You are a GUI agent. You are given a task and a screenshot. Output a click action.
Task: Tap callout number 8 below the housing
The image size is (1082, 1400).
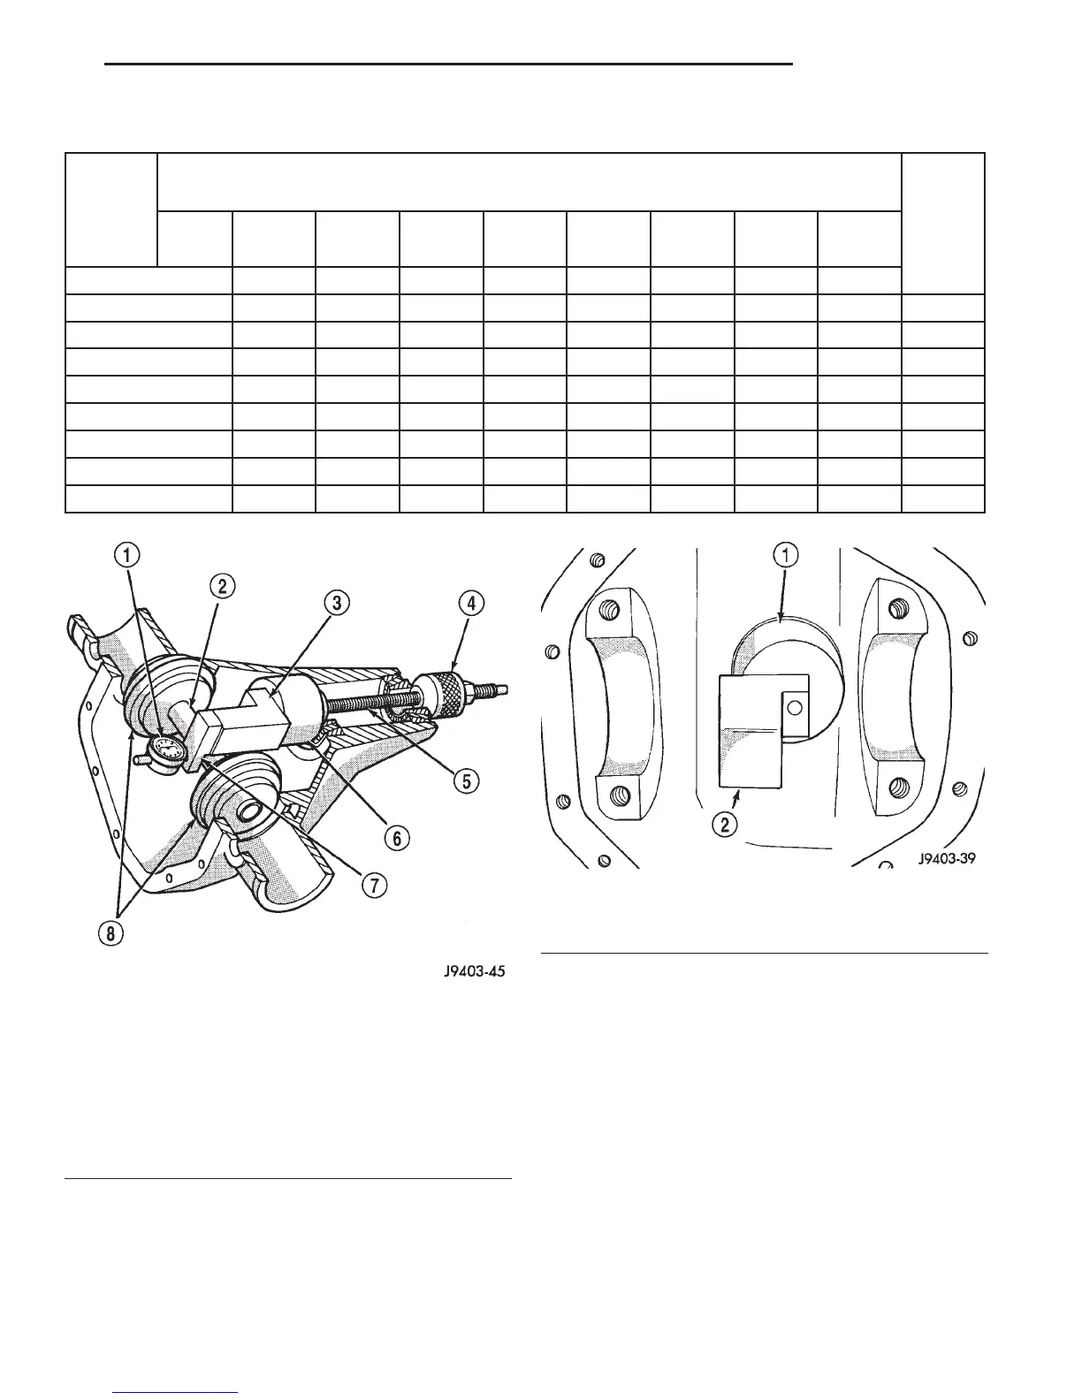pos(110,936)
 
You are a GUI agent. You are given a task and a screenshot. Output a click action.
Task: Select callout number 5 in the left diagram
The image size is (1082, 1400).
pos(467,780)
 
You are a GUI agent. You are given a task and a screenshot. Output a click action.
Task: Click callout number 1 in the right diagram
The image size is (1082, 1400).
pos(787,555)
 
